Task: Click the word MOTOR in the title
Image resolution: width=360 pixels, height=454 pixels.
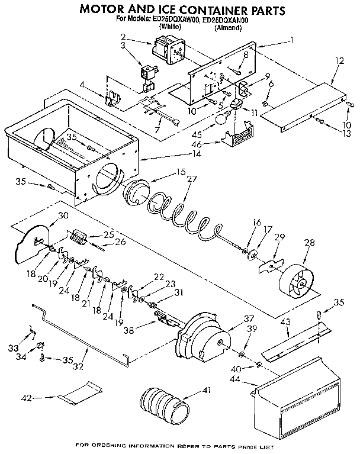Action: (x=105, y=10)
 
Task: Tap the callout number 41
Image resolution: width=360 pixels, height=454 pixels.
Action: (x=205, y=390)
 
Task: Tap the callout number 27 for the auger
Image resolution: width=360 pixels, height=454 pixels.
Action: (x=191, y=179)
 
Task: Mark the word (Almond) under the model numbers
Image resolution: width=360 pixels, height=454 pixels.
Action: (x=228, y=27)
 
